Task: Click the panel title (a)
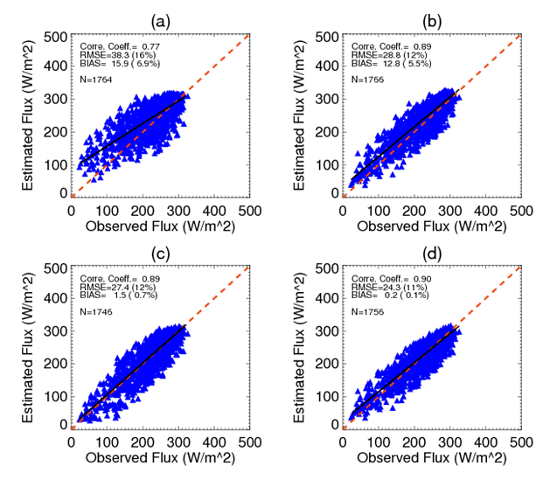(x=160, y=18)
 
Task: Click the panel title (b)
(x=432, y=18)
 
